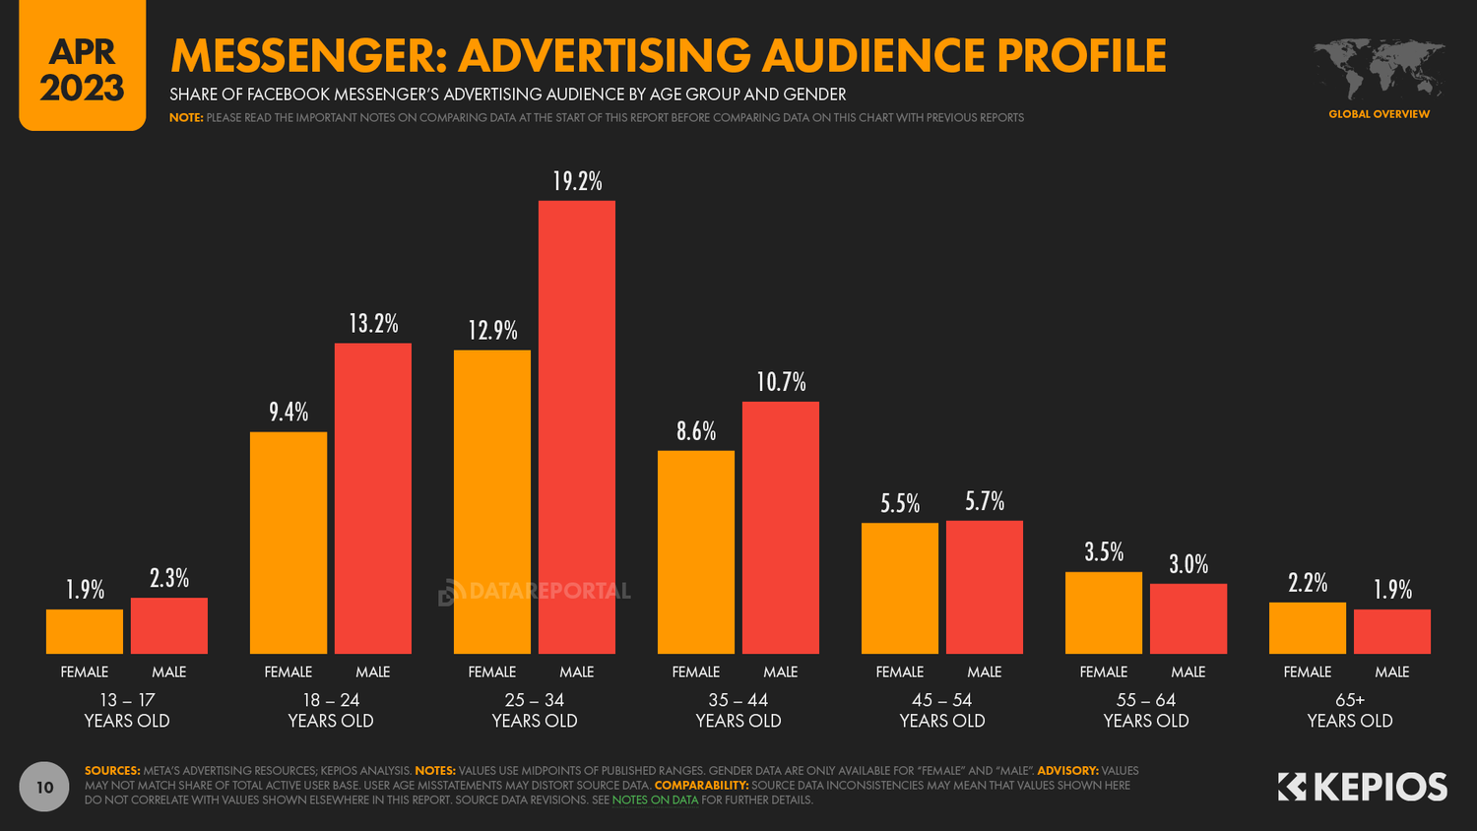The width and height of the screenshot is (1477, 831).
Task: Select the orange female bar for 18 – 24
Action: [x=289, y=543]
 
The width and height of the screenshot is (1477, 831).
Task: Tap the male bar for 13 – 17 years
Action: [x=169, y=625]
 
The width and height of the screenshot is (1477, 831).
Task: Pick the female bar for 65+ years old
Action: [x=1307, y=628]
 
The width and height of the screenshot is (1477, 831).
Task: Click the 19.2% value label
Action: [x=577, y=181]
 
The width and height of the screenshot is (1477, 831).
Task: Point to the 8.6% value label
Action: [x=696, y=431]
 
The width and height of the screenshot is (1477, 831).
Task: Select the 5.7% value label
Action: [x=985, y=501]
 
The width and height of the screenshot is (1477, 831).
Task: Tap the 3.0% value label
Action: [x=1188, y=564]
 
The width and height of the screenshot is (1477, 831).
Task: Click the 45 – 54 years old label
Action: [x=942, y=710]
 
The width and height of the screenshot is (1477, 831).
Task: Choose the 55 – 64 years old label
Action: [x=1146, y=710]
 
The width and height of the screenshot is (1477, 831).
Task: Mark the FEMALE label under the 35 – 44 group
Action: [x=696, y=671]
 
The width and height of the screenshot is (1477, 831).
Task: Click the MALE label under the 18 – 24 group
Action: [x=373, y=671]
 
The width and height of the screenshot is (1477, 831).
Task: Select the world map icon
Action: [x=1380, y=69]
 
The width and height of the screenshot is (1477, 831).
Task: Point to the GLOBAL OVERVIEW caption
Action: [x=1379, y=114]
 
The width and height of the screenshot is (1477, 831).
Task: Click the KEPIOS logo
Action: [x=1363, y=787]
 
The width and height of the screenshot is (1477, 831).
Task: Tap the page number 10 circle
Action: [x=44, y=787]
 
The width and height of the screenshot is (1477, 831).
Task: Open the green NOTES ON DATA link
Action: [x=655, y=799]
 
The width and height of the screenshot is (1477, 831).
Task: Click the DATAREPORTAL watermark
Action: [x=535, y=592]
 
